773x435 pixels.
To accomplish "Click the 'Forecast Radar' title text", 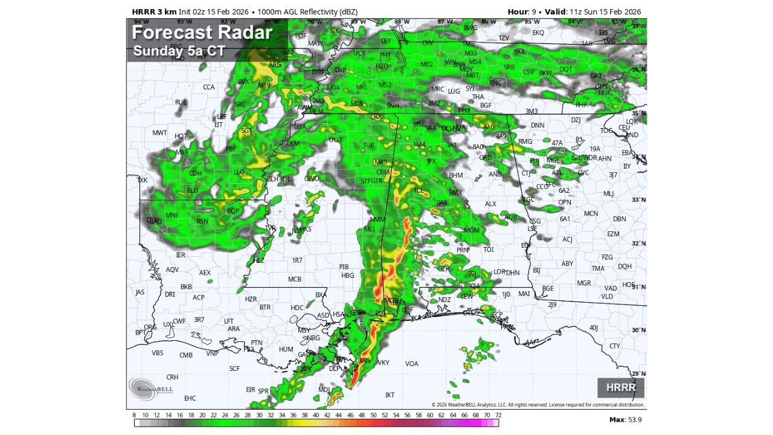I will click(x=202, y=33).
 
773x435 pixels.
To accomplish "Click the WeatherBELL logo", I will click(x=150, y=388).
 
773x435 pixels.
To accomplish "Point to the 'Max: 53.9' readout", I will click(x=625, y=419).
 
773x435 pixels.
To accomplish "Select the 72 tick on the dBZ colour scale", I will click(x=498, y=415).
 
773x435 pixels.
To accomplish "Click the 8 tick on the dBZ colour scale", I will click(x=134, y=415).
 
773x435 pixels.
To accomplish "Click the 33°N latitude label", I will click(x=639, y=200).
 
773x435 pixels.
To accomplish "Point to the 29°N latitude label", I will click(x=639, y=374).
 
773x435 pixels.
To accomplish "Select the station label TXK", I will click(x=142, y=180).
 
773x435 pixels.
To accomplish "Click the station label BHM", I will click(x=455, y=175).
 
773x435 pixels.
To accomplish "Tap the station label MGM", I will click(x=472, y=230).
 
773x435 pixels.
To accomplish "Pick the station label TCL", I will click(x=419, y=190).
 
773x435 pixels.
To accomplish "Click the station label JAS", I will click(x=140, y=292).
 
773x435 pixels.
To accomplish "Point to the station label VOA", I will click(x=411, y=364).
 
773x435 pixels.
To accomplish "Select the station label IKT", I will click(x=390, y=395).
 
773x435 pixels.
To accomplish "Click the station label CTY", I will click(x=614, y=346).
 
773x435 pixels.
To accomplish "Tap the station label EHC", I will click(x=190, y=398).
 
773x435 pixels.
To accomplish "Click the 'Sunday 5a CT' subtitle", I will click(x=179, y=51).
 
